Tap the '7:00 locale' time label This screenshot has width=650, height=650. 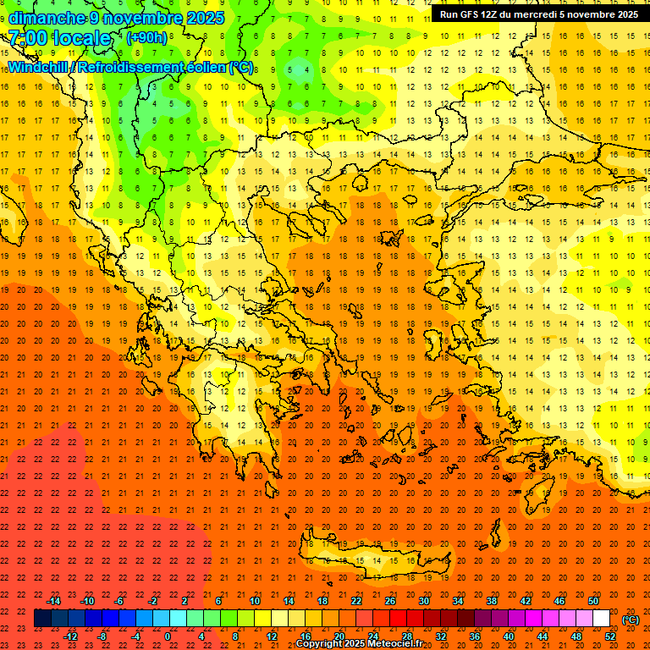click(60, 38)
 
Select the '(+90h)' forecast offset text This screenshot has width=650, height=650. click(146, 38)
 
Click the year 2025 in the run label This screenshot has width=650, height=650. click(623, 14)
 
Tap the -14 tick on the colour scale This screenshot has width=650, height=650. click(53, 601)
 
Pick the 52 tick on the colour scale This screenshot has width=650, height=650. click(610, 636)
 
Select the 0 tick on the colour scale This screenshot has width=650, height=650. click(168, 636)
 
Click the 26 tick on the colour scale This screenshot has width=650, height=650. click(390, 601)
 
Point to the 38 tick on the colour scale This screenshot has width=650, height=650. click(491, 601)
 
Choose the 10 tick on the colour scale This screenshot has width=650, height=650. click(254, 601)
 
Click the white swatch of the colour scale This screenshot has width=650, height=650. click(601, 619)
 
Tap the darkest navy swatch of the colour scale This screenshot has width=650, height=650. click(42, 619)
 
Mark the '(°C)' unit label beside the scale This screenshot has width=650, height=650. click(631, 620)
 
